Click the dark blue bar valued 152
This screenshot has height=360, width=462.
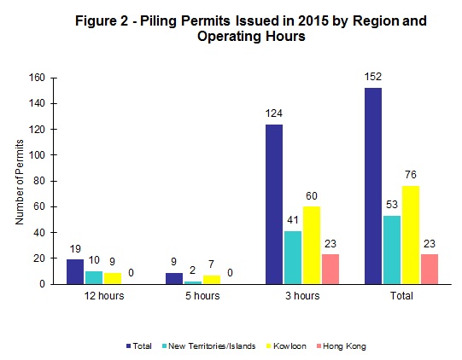pos(373,186)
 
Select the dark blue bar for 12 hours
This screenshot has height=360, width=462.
pos(75,271)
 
